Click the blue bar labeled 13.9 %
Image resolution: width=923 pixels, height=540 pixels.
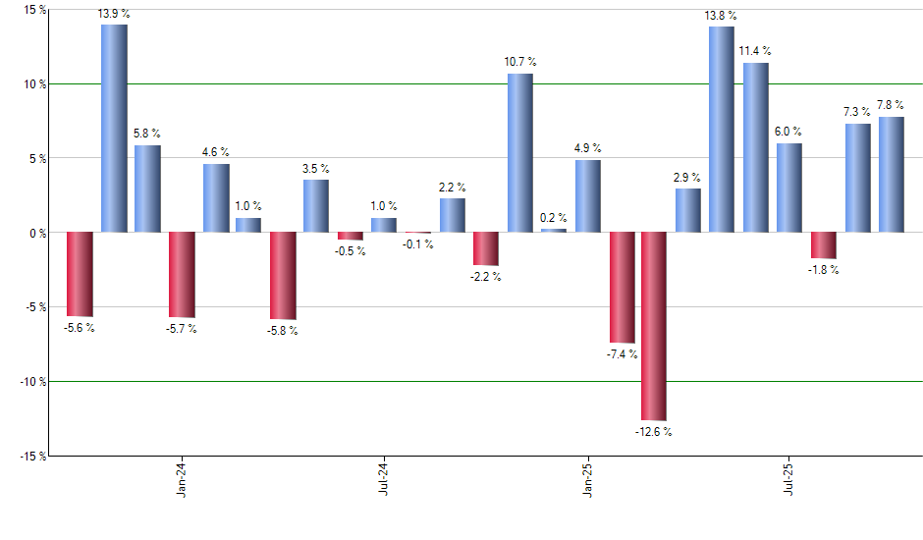pos(114,128)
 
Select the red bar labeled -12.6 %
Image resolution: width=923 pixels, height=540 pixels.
pos(654,326)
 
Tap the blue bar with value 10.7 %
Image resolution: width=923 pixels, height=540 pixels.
pos(520,152)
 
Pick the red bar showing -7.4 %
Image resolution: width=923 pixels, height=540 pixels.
pos(622,287)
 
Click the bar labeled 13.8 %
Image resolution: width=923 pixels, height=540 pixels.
pos(722,129)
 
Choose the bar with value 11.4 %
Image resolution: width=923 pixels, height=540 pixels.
pos(755,147)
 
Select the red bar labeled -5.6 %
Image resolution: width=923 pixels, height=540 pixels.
pos(80,274)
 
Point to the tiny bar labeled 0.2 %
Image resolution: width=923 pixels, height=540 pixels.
pos(554,231)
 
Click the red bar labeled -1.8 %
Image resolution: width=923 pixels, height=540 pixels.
pos(823,245)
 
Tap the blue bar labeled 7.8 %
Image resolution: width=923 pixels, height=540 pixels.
pos(891,174)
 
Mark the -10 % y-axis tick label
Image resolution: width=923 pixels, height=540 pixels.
pos(30,382)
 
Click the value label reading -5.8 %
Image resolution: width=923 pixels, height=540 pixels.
pos(282,331)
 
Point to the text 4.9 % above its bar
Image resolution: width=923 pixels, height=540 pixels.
pos(587,148)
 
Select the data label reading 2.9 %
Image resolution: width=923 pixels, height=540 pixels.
pos(687,178)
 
